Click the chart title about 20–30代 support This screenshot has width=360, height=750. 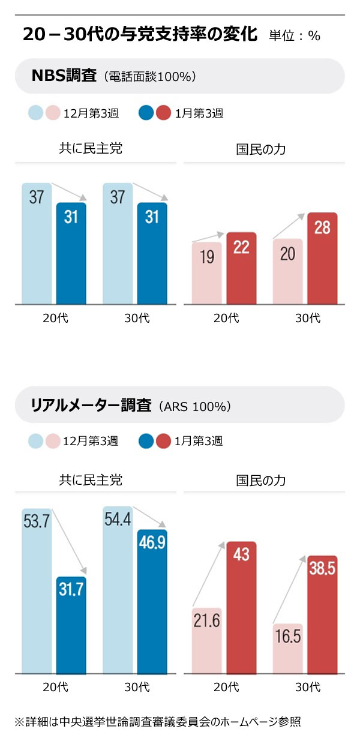140,34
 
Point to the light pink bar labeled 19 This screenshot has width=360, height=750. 207,273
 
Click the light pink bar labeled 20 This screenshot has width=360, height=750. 288,271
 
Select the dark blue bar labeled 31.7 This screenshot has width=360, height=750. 71,624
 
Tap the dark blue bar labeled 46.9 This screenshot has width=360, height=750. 152,600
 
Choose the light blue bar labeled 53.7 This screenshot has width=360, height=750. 37,591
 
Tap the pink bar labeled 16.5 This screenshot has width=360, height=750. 288,648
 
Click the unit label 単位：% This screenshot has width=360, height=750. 295,35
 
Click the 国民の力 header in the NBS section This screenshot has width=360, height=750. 260,149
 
